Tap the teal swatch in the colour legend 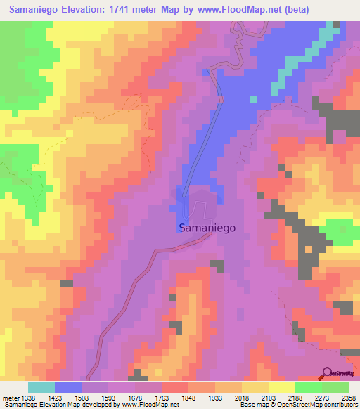(x=41, y=387)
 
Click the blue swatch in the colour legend (x=69, y=387)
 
